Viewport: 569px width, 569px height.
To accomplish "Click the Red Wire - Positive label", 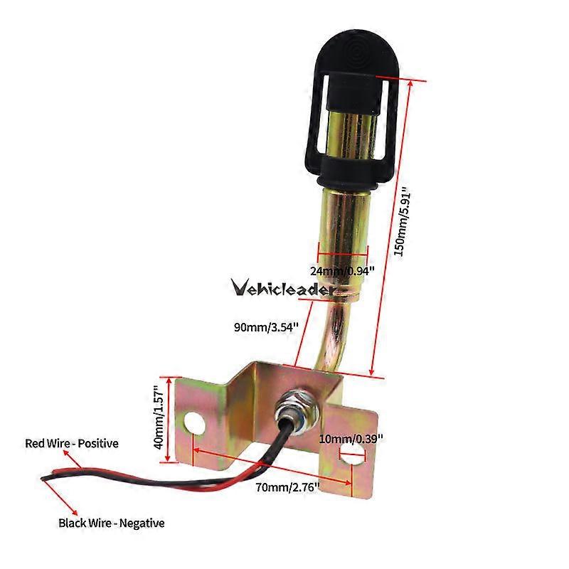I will (x=72, y=443).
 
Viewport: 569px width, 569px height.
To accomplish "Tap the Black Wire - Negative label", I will (x=112, y=523).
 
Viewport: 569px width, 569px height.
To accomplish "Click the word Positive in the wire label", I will (x=98, y=443).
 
